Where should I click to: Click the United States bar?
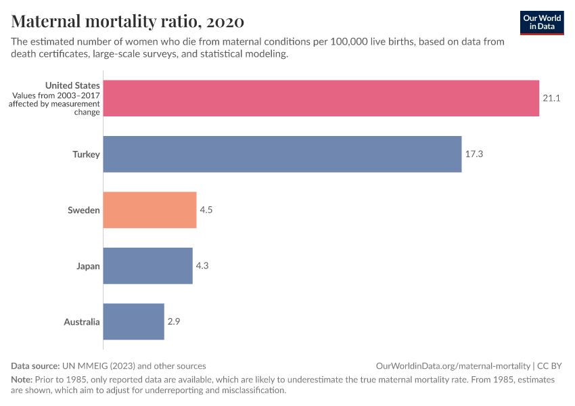(321, 98)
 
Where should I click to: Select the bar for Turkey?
(282, 154)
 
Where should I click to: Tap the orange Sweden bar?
(149, 210)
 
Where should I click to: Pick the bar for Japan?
(147, 266)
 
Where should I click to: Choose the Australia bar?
(133, 321)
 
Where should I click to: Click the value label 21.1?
(551, 98)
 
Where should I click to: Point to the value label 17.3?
(474, 154)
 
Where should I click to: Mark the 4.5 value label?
(206, 210)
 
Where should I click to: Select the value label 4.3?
(202, 266)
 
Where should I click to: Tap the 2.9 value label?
(174, 321)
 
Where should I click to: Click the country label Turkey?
(86, 154)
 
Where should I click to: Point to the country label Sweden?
(84, 210)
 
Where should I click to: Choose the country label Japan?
(88, 266)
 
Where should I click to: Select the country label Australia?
(82, 321)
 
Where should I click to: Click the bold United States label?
(72, 85)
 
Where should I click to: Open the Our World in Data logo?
(542, 22)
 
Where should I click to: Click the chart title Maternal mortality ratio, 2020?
(128, 22)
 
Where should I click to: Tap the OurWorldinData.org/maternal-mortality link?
(453, 365)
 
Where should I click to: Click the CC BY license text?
(549, 365)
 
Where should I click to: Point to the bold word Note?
(22, 380)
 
